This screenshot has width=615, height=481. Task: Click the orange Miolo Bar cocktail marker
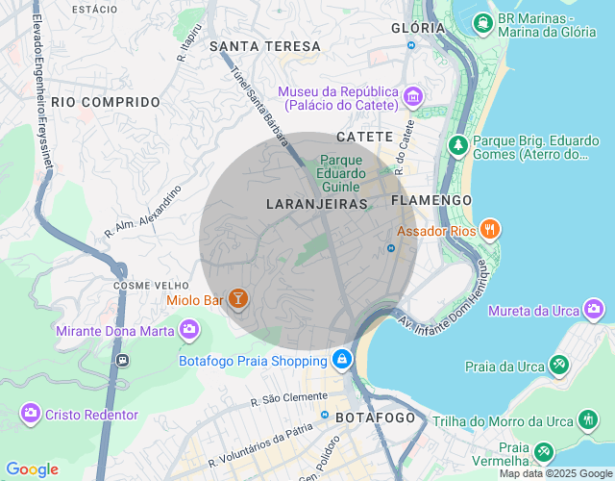coord(237,299)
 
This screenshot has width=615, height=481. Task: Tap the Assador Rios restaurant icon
coord(490,229)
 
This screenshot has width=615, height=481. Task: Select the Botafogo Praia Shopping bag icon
coord(341,360)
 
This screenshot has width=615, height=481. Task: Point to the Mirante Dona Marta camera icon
coord(189,330)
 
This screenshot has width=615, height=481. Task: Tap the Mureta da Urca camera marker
coord(595,309)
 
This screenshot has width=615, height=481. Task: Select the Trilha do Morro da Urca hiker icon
coord(588,419)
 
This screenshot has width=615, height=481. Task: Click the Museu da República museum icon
coord(413,96)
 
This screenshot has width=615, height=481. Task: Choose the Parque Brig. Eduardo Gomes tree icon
coord(458,144)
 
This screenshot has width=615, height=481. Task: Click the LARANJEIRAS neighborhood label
coord(317,204)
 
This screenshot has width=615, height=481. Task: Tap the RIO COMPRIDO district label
coord(106,101)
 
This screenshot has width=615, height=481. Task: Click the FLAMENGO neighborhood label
coord(431,200)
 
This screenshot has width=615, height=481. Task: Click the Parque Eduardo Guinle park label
coord(340,173)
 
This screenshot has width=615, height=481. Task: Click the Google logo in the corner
coord(32,469)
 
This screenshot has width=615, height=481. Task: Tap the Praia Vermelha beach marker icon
coord(544,449)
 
